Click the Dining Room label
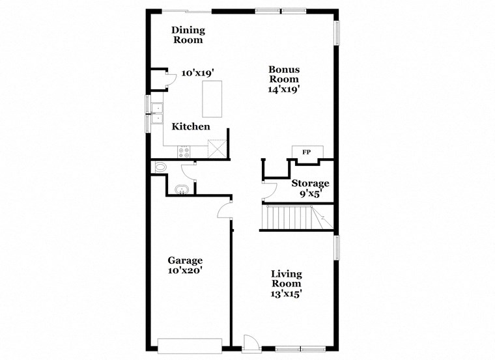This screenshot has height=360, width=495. coord(188,35)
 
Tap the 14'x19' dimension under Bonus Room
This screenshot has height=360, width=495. coord(284,90)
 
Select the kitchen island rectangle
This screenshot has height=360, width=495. coord(212,98)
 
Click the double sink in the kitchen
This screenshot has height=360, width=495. coord(157,114)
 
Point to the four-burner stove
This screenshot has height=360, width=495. coord(184,152)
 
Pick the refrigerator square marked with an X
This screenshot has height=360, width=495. coord(216,149)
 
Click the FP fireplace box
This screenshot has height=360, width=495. coord(305,152)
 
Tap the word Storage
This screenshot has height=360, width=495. coord(310,183)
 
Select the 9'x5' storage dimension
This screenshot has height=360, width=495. coord(310,194)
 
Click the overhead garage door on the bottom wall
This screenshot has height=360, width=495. coord(190,346)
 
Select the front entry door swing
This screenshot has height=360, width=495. coord(250,342)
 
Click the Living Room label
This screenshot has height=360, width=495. coord(286,278)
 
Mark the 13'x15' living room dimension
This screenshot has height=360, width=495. coord(286,294)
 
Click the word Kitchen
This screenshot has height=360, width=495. coord(191,126)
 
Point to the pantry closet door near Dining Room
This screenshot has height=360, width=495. coord(171,79)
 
